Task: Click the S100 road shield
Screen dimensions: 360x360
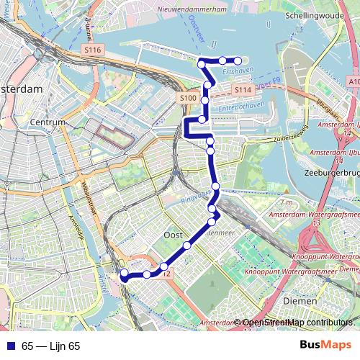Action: pos(187,97)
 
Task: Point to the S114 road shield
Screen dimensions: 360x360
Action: pos(243,89)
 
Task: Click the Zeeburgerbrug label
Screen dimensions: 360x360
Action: pos(333,174)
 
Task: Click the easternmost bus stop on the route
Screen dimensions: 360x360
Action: pos(238,60)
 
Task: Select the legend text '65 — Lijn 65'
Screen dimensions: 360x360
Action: pos(50,346)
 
